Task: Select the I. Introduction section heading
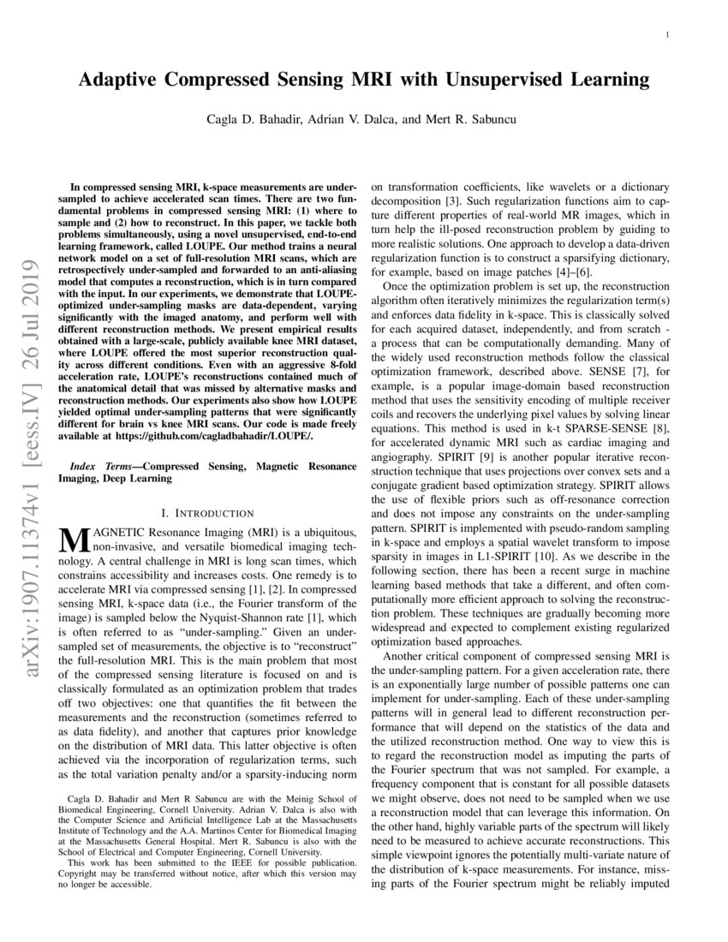pos(207,512)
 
